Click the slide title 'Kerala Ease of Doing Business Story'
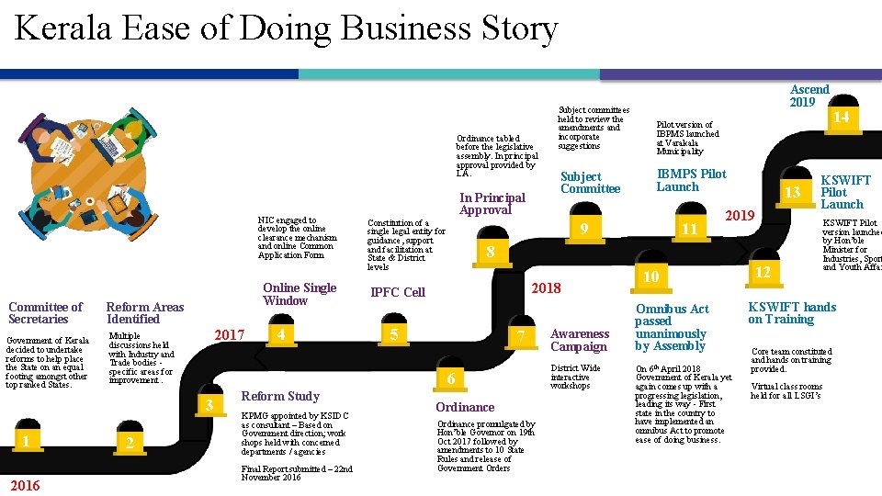coord(286,29)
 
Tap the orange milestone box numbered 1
coord(28,442)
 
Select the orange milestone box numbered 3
coord(210,405)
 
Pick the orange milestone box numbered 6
coord(450,379)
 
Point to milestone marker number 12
coord(763,273)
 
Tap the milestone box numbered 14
coord(841,118)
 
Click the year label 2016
coord(25,485)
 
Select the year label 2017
coord(229,335)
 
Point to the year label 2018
coord(547,287)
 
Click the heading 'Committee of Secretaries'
coord(45,313)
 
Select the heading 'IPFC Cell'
coord(398,292)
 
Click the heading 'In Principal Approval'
coord(492,203)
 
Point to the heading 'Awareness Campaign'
coord(580,340)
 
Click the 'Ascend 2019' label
coord(809,96)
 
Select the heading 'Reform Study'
coord(280,396)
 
